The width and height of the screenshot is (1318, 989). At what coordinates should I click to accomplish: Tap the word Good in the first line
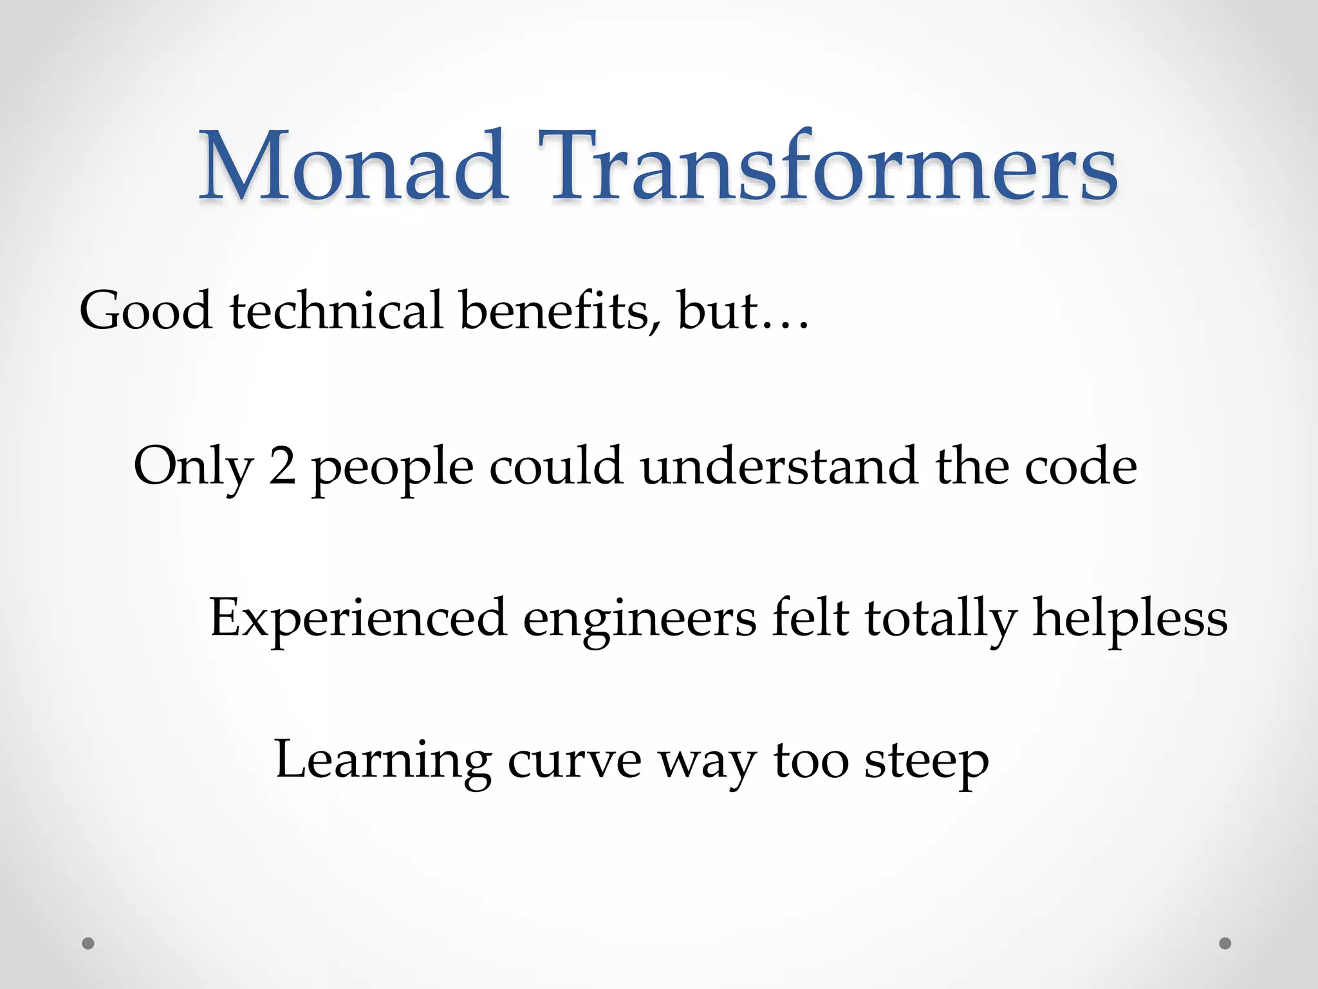[x=145, y=310]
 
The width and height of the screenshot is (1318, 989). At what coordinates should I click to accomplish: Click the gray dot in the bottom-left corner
[x=88, y=943]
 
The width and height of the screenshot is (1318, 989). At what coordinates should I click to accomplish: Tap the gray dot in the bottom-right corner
[x=1225, y=943]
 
